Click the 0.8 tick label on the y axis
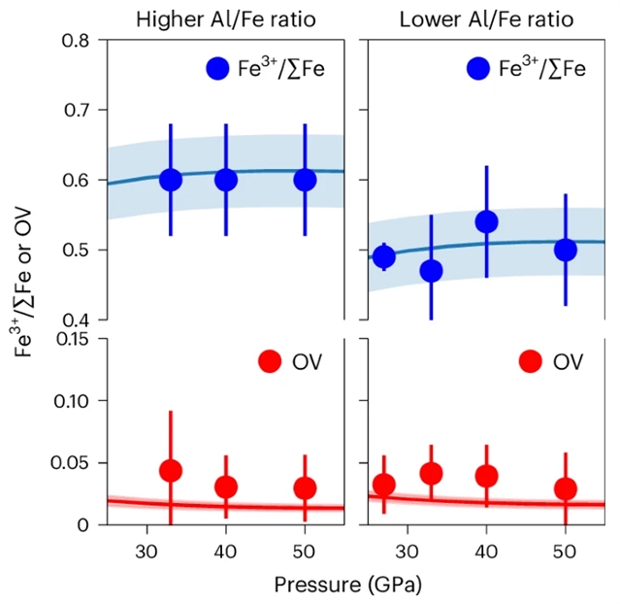coord(79,40)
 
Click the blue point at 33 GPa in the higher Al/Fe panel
coord(171,180)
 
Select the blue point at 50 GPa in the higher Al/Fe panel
coord(305,180)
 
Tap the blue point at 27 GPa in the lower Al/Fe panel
coord(384,257)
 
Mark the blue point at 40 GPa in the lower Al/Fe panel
coord(486,222)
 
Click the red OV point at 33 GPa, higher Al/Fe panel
coord(171,471)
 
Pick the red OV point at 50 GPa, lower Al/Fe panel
coord(566,488)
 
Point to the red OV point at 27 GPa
coord(384,485)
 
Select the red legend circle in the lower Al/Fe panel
coord(530,362)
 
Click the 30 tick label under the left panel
coord(147,549)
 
